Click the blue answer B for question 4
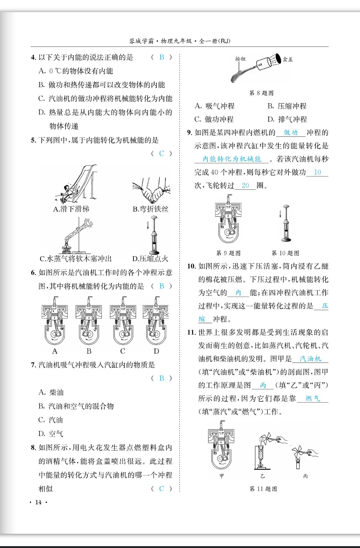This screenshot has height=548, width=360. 162,57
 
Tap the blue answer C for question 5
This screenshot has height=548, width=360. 161,154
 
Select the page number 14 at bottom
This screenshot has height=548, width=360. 38,502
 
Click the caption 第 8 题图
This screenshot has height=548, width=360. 262,93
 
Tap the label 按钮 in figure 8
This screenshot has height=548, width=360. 240,59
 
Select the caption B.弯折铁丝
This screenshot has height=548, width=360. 151,209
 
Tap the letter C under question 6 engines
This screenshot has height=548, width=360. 123,351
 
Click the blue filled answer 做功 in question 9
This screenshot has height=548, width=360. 291,133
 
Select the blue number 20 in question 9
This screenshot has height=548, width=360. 245,185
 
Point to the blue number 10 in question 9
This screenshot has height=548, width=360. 317,172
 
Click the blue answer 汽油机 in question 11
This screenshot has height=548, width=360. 310,359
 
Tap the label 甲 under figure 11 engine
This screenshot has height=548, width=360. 222,476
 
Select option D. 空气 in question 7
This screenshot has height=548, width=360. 51,434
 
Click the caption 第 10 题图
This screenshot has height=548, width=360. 285,253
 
